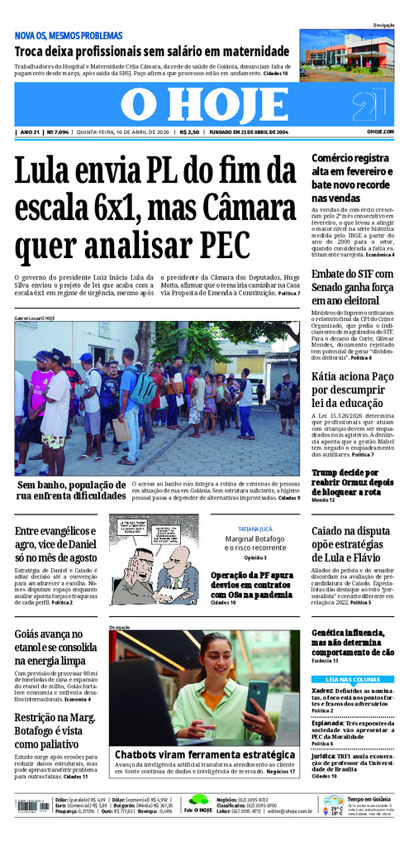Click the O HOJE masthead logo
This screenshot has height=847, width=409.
[202, 104]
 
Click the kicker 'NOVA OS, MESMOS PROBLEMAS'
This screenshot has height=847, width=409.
[69, 36]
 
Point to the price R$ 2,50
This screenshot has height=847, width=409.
[188, 132]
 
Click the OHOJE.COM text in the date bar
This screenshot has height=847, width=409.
[380, 132]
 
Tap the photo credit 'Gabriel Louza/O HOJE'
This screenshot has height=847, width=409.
[35, 318]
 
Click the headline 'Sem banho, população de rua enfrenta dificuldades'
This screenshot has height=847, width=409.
[70, 490]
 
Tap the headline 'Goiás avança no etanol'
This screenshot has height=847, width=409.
[56, 648]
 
